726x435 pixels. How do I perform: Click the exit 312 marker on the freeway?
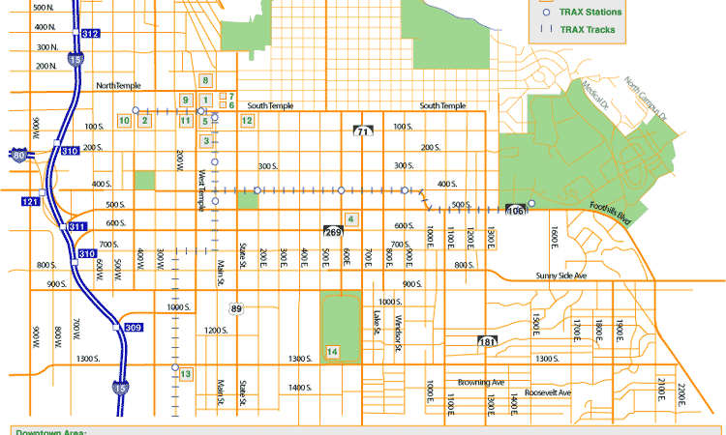click(x=90, y=34)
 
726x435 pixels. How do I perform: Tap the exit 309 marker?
click(x=134, y=329)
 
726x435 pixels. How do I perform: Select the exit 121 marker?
click(x=30, y=201)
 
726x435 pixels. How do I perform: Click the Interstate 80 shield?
click(x=19, y=154)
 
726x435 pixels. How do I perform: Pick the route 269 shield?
click(x=333, y=231)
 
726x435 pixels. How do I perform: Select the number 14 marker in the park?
click(x=333, y=351)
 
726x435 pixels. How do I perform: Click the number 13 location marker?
click(x=185, y=373)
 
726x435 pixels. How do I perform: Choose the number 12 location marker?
click(x=247, y=120)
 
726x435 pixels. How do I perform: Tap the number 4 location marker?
click(x=350, y=219)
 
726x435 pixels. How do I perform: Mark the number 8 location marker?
click(x=205, y=80)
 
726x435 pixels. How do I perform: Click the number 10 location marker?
click(x=124, y=120)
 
